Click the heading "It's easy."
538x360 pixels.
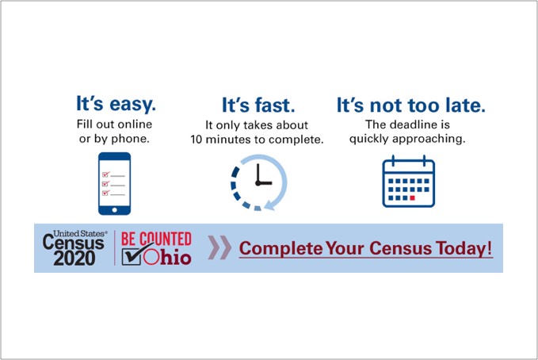tap(116, 104)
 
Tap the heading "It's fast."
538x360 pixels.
tap(258, 105)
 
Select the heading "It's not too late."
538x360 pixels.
tap(411, 105)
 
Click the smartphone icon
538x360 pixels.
tap(115, 184)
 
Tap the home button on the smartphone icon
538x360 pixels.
tap(115, 210)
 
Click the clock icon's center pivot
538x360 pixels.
tap(258, 183)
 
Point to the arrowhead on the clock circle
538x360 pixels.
tap(270, 205)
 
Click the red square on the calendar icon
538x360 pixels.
tap(413, 198)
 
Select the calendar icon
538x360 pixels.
tap(409, 182)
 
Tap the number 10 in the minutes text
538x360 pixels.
tap(197, 140)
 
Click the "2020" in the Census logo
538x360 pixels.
tap(74, 259)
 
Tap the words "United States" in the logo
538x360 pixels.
tap(79, 234)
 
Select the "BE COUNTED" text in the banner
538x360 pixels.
tap(156, 239)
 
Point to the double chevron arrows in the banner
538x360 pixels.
tap(220, 247)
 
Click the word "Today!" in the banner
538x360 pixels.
tap(464, 248)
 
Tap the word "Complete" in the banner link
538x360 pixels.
tap(280, 249)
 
